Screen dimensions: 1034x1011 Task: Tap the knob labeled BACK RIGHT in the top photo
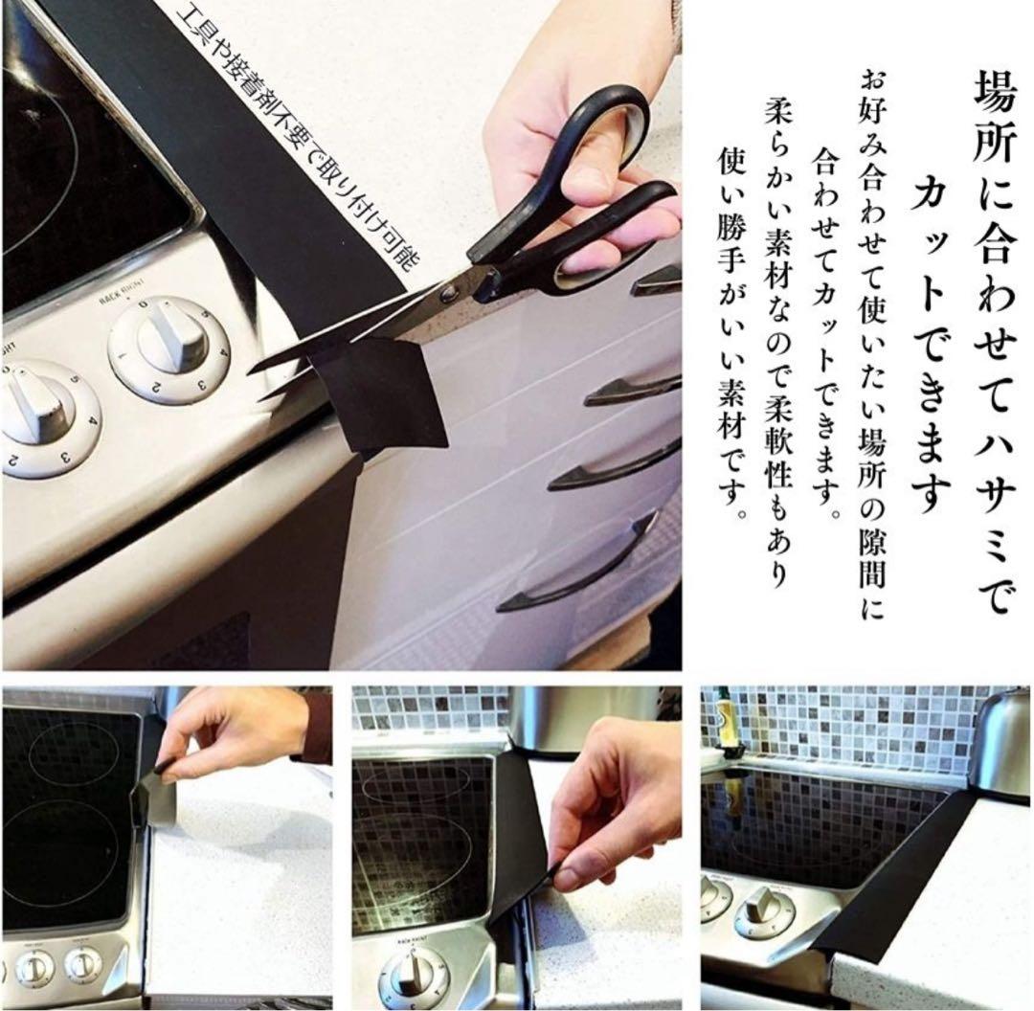click(170, 348)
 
